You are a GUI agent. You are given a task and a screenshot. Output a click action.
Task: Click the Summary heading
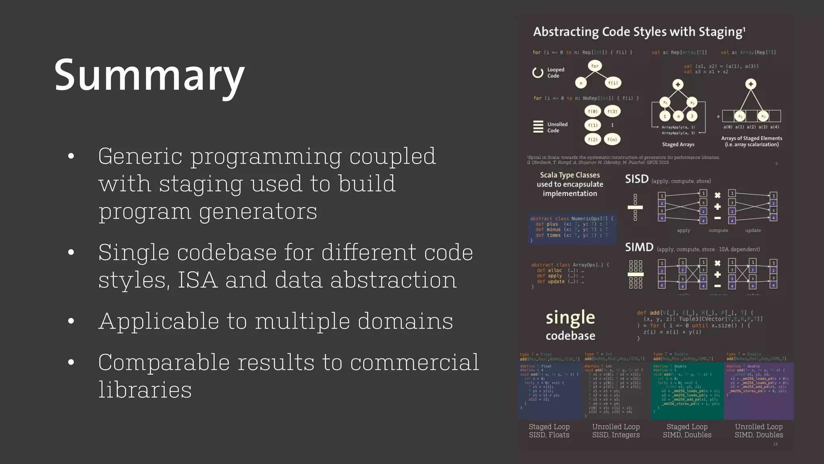coord(149,76)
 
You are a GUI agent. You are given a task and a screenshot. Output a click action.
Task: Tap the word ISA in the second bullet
coord(197,280)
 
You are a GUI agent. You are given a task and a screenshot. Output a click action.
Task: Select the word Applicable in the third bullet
coord(158,321)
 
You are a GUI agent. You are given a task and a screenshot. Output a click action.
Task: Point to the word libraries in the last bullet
coord(145,390)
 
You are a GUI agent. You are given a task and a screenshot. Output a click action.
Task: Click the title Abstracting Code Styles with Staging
coord(639,32)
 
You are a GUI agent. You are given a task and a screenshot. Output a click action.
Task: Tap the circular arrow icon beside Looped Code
coord(538,72)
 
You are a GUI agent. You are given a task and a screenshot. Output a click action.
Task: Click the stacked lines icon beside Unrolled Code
coord(538,127)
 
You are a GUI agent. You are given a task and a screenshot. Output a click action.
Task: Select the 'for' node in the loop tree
coord(595,66)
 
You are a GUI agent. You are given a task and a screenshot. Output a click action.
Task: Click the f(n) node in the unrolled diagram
coord(612,139)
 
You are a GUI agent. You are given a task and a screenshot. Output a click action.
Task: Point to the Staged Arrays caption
coord(678,144)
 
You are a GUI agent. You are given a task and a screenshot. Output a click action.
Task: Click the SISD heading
coord(637,179)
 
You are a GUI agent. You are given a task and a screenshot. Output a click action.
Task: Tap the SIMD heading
coord(639,247)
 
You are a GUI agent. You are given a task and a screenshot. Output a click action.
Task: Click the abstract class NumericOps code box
coord(572,229)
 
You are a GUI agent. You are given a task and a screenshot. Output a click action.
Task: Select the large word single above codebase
coord(570,318)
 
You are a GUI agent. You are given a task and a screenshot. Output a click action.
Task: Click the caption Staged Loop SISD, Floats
coord(549,431)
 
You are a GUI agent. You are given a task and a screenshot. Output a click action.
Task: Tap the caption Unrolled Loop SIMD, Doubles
coord(758,431)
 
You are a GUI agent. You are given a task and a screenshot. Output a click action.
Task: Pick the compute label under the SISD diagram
coord(718,230)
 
